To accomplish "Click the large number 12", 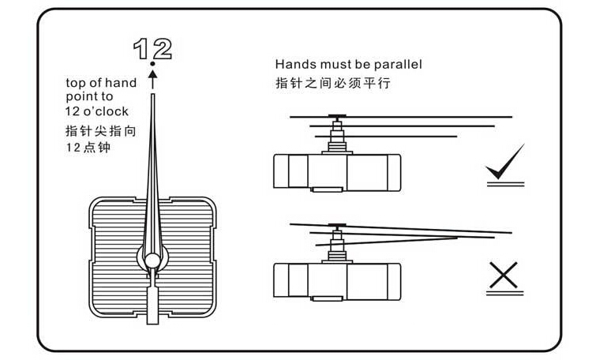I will point(152,48).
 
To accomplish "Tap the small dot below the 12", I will point(153,66).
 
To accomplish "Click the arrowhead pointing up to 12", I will point(153,77).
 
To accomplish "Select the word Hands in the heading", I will point(292,64).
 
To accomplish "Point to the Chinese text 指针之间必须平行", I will point(332,82).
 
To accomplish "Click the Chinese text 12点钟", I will point(88,147).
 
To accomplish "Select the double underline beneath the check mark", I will point(505,183).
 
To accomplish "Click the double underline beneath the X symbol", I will point(505,292).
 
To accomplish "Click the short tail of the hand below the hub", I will point(154,299).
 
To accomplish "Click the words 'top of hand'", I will point(101,83).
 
